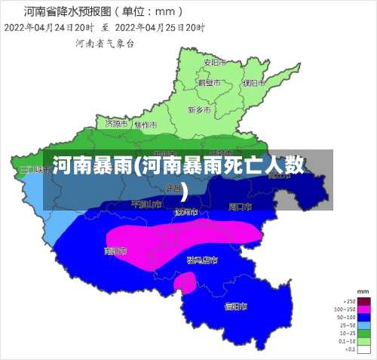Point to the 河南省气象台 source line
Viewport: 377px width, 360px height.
(x=105, y=43)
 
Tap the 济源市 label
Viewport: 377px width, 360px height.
(x=117, y=122)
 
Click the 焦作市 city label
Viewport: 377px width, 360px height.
(x=146, y=125)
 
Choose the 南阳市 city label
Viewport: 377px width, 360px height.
(x=115, y=250)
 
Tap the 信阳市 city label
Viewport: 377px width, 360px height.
(x=236, y=306)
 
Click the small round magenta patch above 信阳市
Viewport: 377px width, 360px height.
(x=185, y=282)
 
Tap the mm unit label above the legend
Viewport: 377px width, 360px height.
(x=363, y=291)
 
